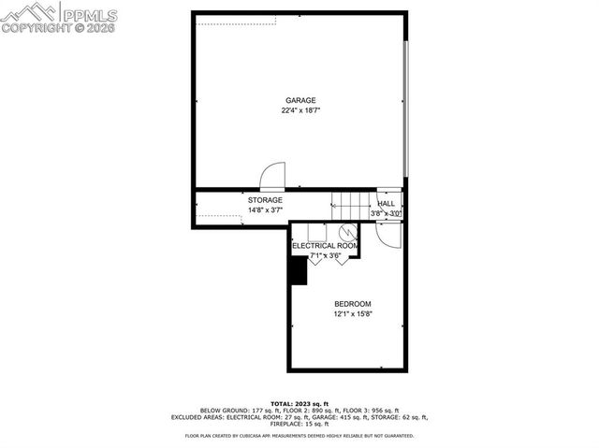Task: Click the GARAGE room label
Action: (300, 100)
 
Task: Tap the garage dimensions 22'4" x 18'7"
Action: (300, 110)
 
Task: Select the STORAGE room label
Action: (265, 200)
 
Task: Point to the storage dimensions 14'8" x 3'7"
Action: (265, 211)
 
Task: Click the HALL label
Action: (386, 203)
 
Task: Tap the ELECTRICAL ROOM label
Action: (326, 245)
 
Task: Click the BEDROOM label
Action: (353, 304)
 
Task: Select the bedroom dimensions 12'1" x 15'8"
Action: (353, 314)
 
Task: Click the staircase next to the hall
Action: (350, 204)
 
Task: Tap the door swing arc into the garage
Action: (270, 176)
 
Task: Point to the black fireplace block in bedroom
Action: (299, 269)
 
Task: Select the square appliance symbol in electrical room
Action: (315, 232)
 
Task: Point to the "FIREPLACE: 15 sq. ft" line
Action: (299, 424)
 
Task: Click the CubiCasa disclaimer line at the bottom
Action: (299, 436)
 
